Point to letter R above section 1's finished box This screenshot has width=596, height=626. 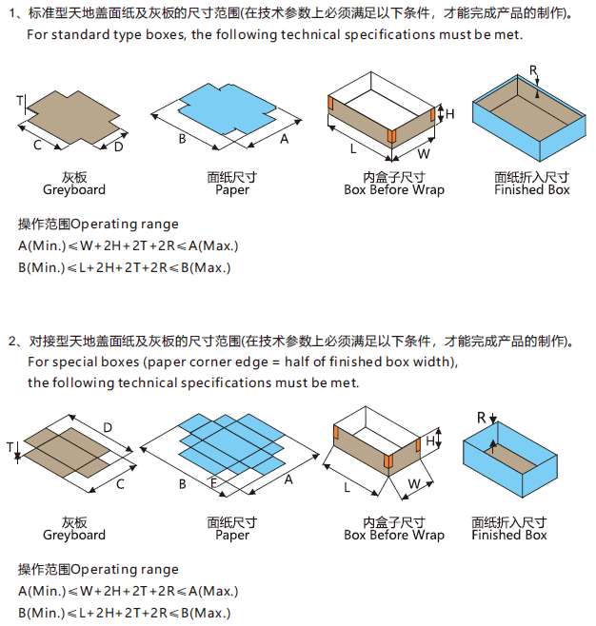(533, 71)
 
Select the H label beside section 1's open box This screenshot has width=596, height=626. (450, 114)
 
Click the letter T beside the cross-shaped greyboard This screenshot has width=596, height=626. (19, 100)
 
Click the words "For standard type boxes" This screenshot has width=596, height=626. (104, 34)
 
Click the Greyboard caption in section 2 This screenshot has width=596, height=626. (74, 535)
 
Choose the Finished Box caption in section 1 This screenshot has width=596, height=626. (531, 189)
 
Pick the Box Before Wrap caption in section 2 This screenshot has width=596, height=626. (393, 535)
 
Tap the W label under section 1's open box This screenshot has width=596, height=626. (424, 153)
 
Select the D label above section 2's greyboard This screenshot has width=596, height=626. (108, 428)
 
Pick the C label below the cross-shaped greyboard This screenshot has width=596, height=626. (37, 145)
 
